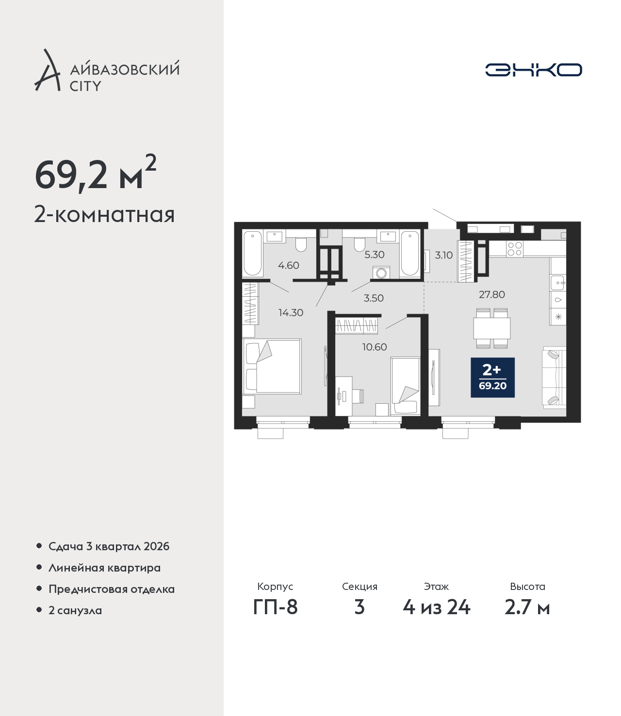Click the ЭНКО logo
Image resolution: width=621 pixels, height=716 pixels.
(x=533, y=70)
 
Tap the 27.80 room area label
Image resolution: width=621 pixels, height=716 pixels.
(x=491, y=294)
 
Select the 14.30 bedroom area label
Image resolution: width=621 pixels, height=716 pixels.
(x=291, y=313)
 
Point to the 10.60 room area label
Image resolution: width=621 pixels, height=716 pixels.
(x=375, y=347)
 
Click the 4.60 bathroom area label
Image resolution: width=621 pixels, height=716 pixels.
(x=289, y=265)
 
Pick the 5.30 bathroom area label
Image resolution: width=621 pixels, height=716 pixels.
(x=375, y=255)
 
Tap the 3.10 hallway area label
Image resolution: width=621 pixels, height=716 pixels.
(x=444, y=255)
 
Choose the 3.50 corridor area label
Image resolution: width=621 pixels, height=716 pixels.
(x=374, y=298)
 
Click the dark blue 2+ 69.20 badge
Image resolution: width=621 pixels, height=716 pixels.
(x=492, y=378)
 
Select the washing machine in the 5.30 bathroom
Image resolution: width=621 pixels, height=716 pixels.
(x=381, y=272)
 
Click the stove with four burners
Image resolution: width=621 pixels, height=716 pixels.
(x=515, y=249)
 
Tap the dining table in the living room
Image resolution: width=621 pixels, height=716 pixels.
(x=491, y=328)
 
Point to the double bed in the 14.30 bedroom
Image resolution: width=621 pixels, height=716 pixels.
(x=272, y=366)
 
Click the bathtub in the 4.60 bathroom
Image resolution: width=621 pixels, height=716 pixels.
(x=253, y=253)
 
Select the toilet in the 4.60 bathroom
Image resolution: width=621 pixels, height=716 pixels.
(x=301, y=244)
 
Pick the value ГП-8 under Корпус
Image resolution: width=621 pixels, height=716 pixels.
(x=275, y=607)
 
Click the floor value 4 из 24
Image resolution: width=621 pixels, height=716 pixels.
(x=436, y=607)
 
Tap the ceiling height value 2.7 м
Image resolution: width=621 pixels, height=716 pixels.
(x=527, y=607)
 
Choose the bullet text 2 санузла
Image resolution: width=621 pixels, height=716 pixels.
(x=75, y=610)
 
